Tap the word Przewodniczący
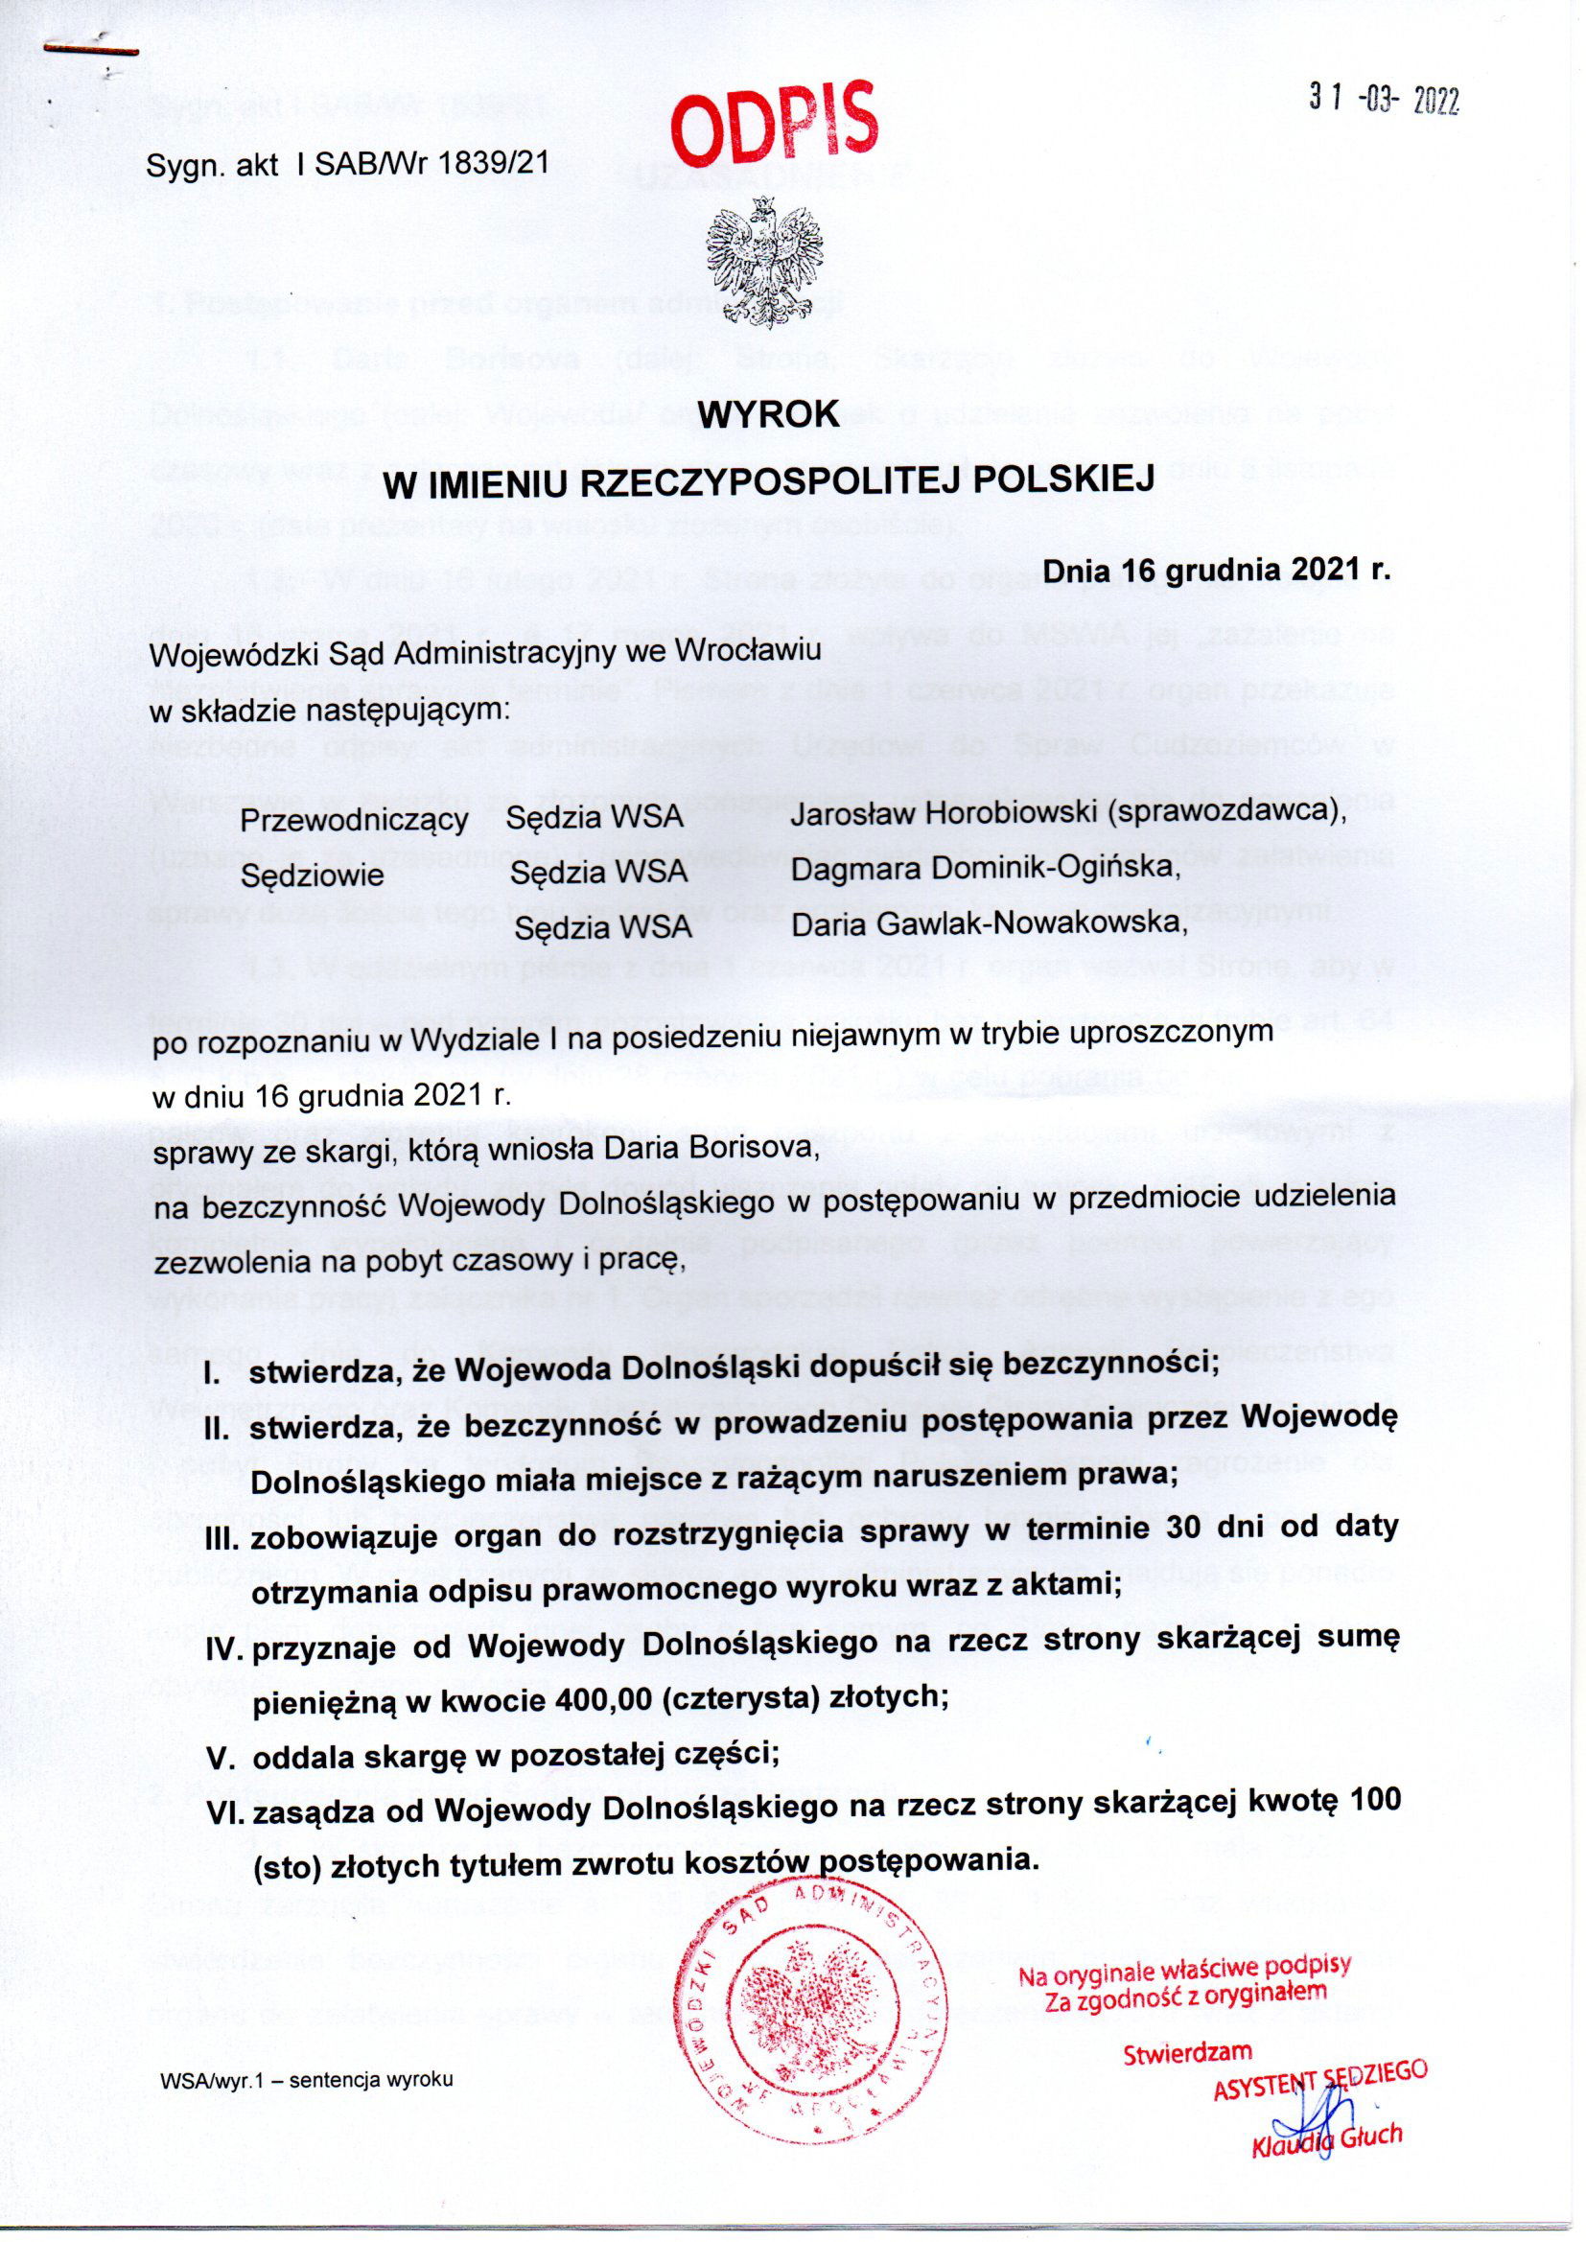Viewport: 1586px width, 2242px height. click(x=354, y=820)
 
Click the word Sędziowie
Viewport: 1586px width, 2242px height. click(x=313, y=875)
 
